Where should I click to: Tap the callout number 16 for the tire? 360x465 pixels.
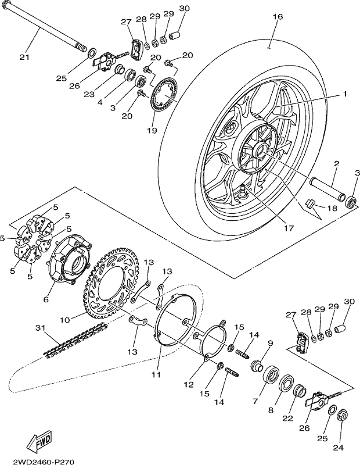point(278,17)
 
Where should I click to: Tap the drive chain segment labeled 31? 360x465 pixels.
point(76,340)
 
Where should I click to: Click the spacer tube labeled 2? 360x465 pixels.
point(327,189)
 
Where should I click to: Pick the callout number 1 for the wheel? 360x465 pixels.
point(344,94)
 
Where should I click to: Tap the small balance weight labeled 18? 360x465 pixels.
point(310,203)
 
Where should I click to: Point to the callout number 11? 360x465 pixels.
point(156,374)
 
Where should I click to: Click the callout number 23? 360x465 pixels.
point(89,94)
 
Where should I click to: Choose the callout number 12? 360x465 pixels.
point(189,385)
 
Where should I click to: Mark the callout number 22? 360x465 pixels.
point(287,419)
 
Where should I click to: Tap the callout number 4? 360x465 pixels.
point(100,102)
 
